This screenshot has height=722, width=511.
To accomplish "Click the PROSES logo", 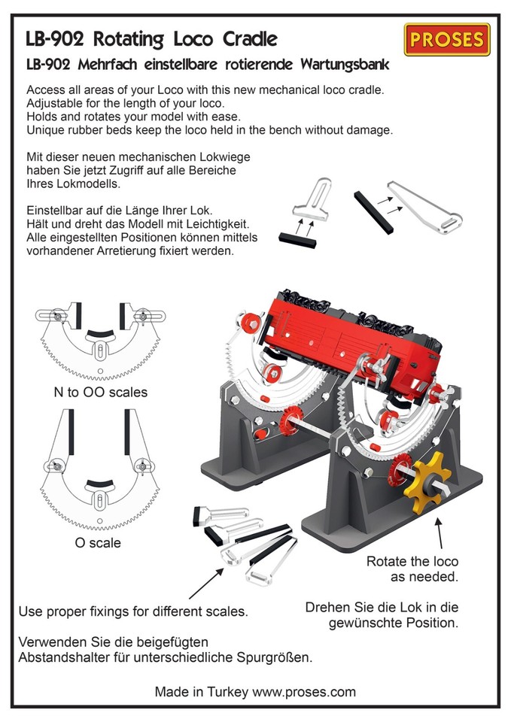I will coord(447,40).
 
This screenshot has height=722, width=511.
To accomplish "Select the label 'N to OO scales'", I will coord(100,392).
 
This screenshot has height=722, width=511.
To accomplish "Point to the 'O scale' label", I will coord(98,542).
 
